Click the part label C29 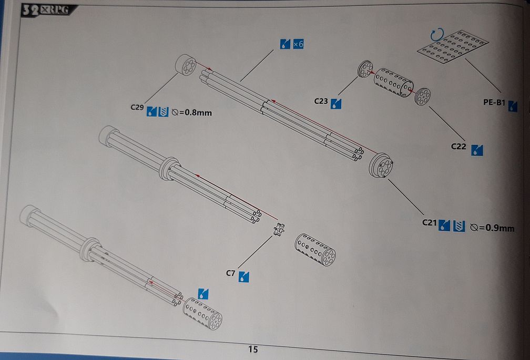click(x=137, y=107)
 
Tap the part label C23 click(x=321, y=100)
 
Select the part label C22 click(x=459, y=147)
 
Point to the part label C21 click(x=430, y=223)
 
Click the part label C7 click(x=230, y=273)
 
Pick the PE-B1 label click(x=494, y=103)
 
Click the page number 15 click(x=253, y=349)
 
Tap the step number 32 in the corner click(x=29, y=11)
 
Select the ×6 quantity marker click(x=298, y=44)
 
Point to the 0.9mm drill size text click(x=492, y=228)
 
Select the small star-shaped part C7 click(x=279, y=229)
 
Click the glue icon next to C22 click(x=477, y=150)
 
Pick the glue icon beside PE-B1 click(x=513, y=107)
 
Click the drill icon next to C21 click(x=459, y=226)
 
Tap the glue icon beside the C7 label click(x=244, y=276)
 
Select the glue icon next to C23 click(x=335, y=104)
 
